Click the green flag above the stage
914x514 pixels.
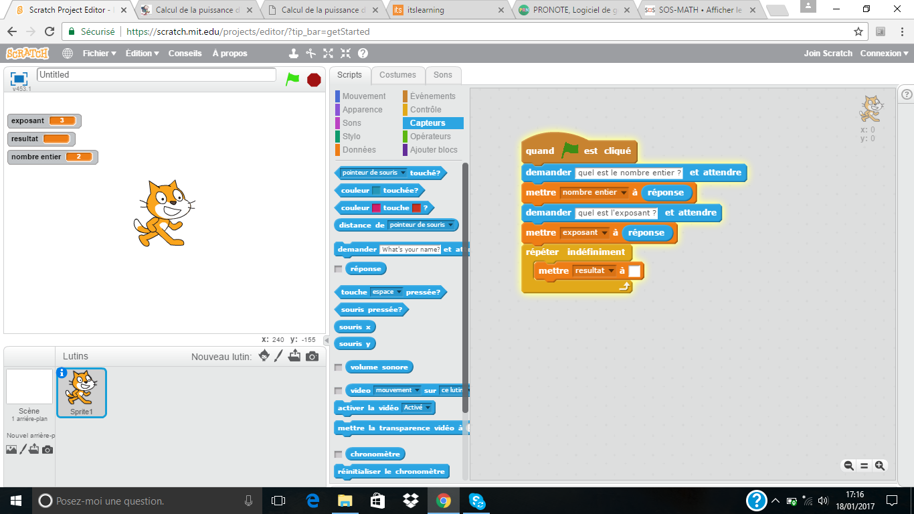coord(292,79)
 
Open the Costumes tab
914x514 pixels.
coord(397,75)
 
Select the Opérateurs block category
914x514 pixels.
coord(430,137)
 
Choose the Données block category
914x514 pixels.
coord(359,150)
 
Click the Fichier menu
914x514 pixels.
coord(99,54)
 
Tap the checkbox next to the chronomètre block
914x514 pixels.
coord(339,454)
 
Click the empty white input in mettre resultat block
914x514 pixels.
coord(634,270)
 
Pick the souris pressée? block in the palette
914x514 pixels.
coord(371,309)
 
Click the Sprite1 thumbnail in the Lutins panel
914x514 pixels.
coord(82,393)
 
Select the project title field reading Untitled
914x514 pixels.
coord(157,75)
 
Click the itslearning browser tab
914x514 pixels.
coord(448,10)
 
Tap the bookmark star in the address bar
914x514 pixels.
coord(858,31)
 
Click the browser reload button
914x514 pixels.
coord(50,31)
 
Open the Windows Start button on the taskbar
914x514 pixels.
coord(16,501)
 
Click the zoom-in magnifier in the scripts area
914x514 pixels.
coord(880,465)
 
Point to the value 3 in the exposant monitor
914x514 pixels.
coord(62,120)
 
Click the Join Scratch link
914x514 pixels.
coord(828,54)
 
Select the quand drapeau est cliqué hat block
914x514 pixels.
coord(579,148)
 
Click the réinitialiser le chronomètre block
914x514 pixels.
coord(391,472)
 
